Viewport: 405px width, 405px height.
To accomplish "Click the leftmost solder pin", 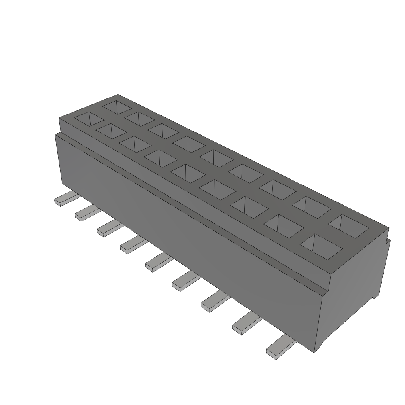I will [x=63, y=199].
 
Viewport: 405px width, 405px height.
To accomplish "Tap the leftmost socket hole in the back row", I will [x=117, y=107].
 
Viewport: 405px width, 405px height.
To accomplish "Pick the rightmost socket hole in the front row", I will [x=321, y=246].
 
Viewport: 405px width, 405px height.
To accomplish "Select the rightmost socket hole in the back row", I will [x=348, y=226].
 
